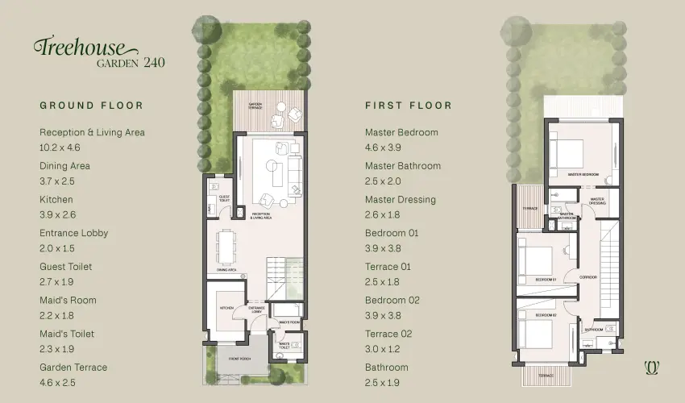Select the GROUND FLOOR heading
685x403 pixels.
[91, 106]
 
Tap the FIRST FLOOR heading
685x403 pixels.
[409, 106]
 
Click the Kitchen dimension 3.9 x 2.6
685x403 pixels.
[56, 215]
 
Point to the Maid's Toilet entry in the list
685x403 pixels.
[67, 334]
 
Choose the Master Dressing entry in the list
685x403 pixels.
[401, 200]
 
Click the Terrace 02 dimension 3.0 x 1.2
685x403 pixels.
[382, 349]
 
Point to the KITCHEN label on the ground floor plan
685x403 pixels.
[226, 309]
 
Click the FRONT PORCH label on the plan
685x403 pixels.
[239, 357]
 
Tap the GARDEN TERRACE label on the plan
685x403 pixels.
[256, 105]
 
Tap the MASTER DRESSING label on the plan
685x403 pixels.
[597, 201]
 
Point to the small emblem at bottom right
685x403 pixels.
[652, 367]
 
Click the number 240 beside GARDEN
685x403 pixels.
[154, 62]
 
